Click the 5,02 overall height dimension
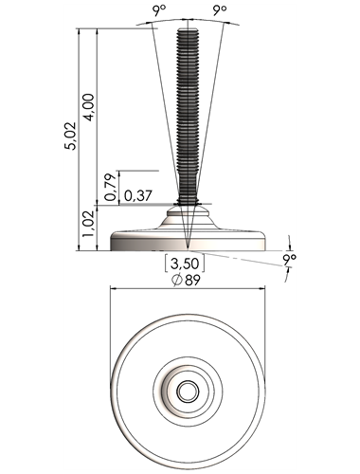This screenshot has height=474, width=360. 70,136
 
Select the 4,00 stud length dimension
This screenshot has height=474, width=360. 88,108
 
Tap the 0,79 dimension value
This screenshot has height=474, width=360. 111,187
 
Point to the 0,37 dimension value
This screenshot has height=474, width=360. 138,196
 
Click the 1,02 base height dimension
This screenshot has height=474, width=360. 88,224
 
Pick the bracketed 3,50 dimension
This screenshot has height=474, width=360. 185,264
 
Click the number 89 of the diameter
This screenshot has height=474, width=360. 192,281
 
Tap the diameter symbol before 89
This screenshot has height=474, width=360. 176,281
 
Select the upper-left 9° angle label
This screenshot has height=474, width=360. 160,11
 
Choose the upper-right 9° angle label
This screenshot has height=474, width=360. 220,11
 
